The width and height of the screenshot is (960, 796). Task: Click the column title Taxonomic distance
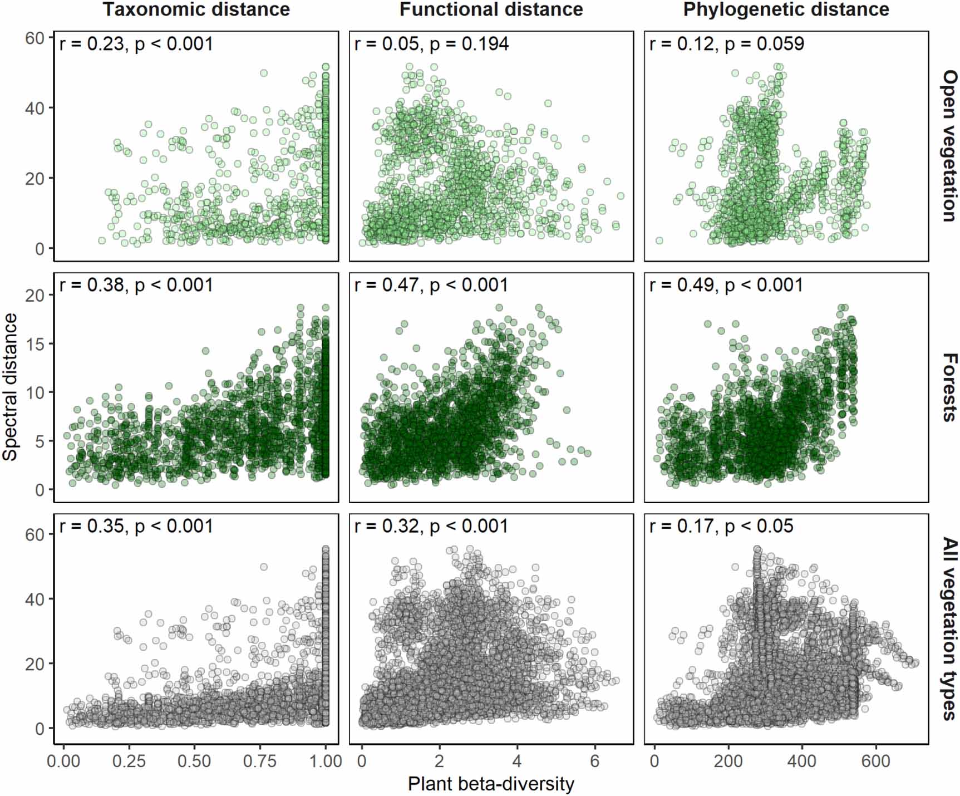tap(196, 9)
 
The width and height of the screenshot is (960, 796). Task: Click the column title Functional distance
tap(491, 9)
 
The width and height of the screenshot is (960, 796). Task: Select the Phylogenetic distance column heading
tap(786, 9)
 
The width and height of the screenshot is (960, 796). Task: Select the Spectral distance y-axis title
tap(11, 387)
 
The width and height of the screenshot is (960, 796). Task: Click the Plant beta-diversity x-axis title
tap(491, 784)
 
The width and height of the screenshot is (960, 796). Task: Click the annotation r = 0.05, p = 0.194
tap(431, 44)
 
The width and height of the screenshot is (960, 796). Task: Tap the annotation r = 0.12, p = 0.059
tap(726, 44)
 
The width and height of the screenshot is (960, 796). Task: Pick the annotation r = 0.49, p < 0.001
tap(726, 285)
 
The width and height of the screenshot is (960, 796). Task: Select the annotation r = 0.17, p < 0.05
tap(721, 526)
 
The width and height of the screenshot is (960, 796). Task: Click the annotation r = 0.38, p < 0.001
tap(136, 285)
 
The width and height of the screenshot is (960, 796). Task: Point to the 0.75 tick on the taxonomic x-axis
tap(260, 761)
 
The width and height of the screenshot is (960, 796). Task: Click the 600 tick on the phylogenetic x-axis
tap(876, 761)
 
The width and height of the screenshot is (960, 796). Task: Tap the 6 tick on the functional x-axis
tap(594, 761)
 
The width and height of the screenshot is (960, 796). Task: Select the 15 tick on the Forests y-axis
tap(35, 343)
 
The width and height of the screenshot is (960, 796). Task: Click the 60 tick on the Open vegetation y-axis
tap(35, 38)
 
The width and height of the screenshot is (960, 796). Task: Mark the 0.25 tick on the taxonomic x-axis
tap(129, 761)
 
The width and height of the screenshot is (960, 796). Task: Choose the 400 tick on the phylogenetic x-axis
tap(802, 761)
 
